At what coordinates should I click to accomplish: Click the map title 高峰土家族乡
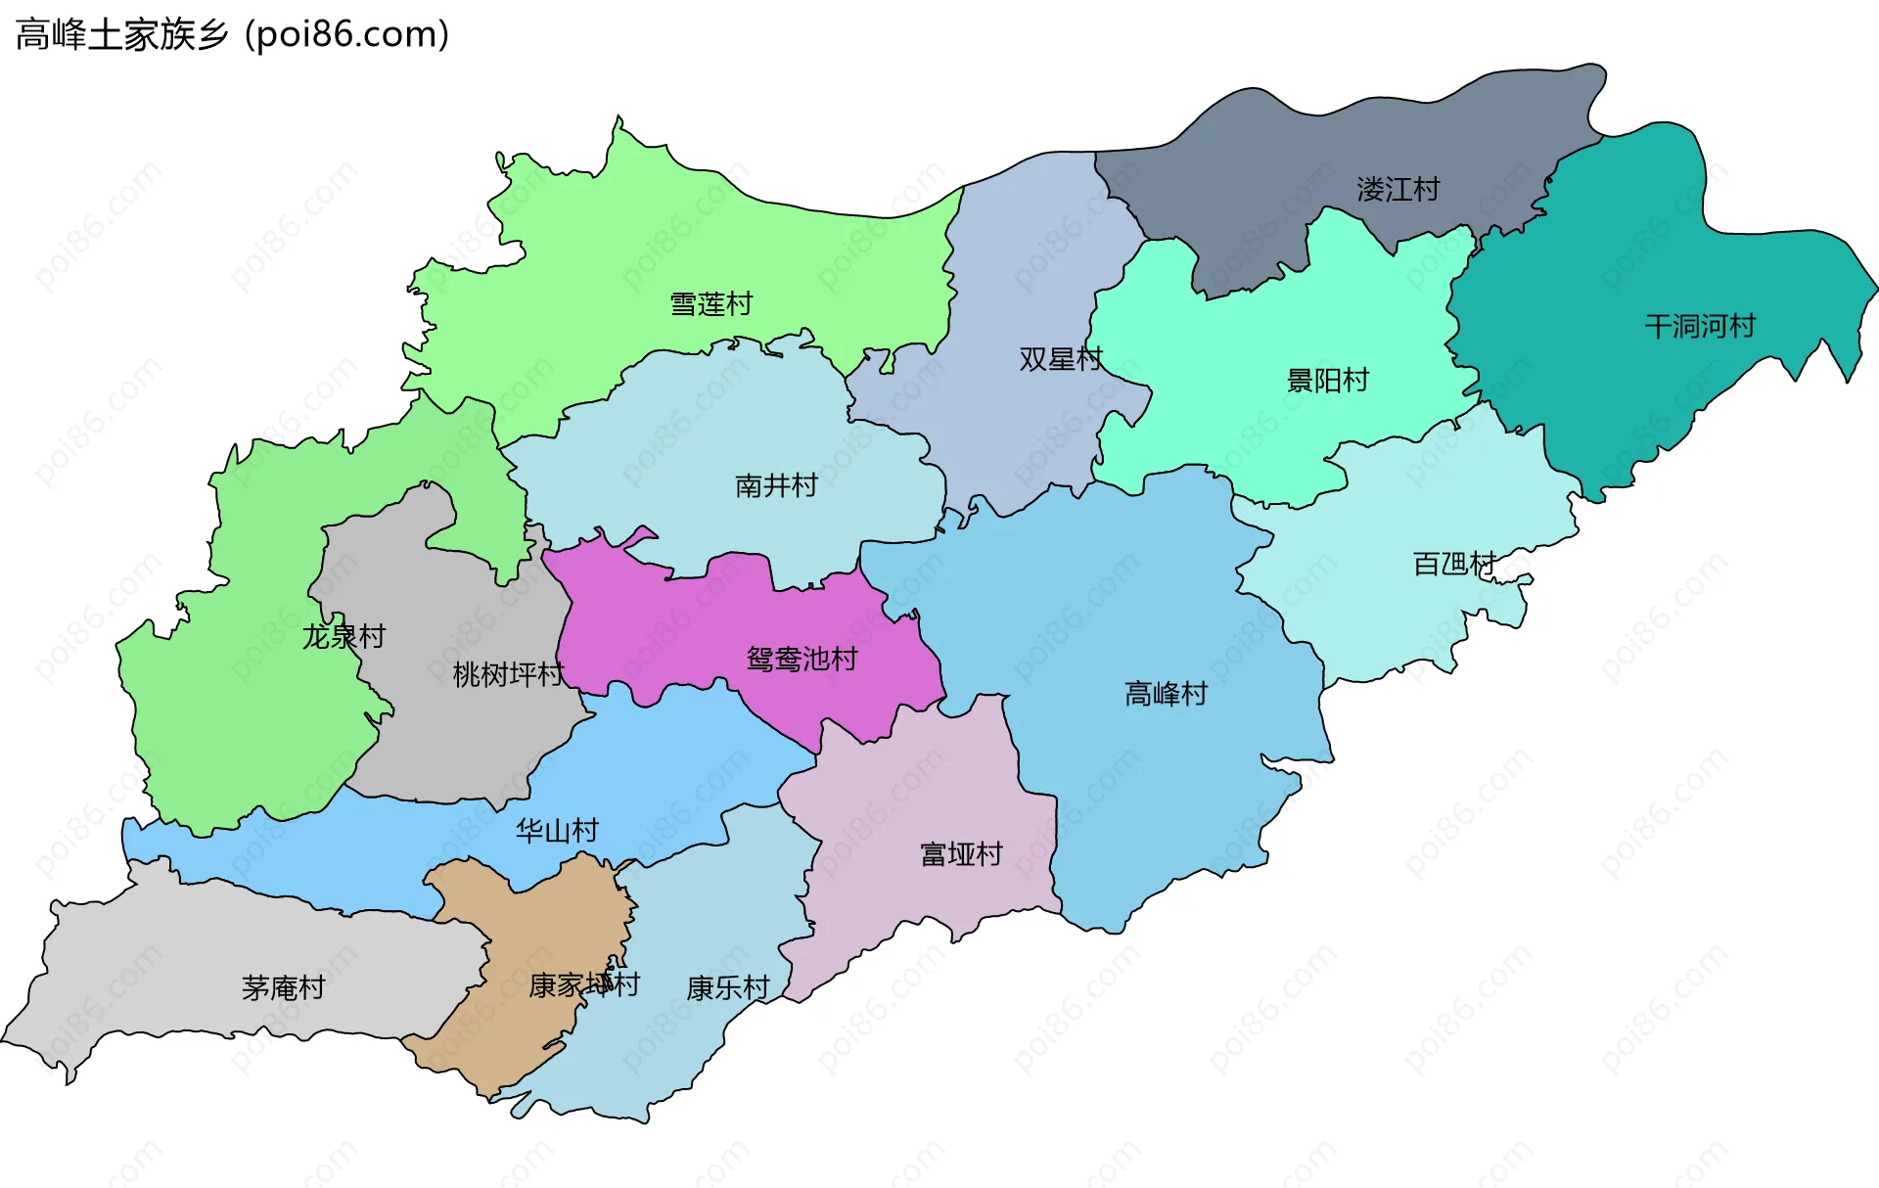point(122,35)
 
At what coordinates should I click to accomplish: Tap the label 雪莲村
point(710,304)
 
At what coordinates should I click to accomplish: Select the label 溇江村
point(1398,189)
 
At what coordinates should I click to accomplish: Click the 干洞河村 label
point(1699,326)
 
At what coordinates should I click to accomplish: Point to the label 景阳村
point(1327,380)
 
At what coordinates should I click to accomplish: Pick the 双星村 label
point(1060,359)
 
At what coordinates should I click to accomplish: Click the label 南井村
point(776,485)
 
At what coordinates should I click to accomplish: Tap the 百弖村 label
point(1453,564)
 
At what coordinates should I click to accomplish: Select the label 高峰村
point(1166,694)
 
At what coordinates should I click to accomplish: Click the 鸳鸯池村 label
point(802,659)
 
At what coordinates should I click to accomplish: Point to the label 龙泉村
point(344,636)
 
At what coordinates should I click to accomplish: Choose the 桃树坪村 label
point(508,674)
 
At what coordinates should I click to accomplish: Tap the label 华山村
point(557,831)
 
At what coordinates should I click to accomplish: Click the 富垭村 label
point(961,854)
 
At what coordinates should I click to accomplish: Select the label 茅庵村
point(283,987)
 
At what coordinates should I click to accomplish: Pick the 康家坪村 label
point(584,984)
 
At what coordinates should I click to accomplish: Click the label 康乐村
point(728,988)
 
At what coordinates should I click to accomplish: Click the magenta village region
point(685,626)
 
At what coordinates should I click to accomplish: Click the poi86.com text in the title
point(347,35)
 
